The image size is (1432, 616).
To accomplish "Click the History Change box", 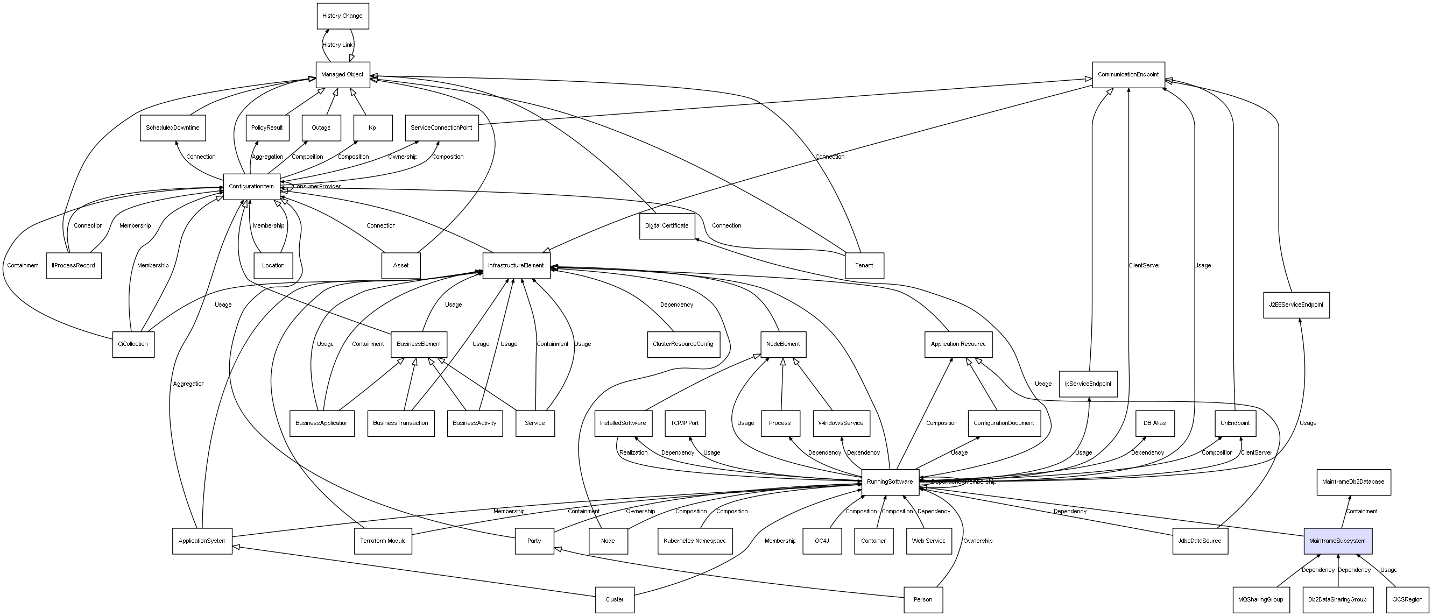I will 342,16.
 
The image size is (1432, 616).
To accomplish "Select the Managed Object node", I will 342,74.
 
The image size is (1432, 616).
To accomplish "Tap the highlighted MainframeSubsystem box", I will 1337,541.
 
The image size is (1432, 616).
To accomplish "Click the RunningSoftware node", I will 890,482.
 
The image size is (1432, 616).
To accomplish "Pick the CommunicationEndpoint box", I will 1128,74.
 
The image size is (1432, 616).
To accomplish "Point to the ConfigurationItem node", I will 251,186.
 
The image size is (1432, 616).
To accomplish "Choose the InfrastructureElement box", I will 516,265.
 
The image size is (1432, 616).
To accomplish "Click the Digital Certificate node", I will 667,226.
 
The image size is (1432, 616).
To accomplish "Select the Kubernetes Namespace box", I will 694,541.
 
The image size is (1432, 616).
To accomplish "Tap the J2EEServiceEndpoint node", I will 1296,305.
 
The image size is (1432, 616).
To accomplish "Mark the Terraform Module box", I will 383,541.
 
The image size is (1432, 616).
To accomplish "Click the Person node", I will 923,599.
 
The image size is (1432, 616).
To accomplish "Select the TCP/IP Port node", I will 685,423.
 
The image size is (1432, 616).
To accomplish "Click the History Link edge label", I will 337,45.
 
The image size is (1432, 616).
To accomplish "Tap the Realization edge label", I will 633,452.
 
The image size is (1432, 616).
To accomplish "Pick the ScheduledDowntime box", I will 172,128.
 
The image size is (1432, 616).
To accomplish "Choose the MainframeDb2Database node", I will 1353,482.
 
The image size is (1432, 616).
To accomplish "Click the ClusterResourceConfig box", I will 683,344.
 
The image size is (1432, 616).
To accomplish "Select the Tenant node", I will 864,265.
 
